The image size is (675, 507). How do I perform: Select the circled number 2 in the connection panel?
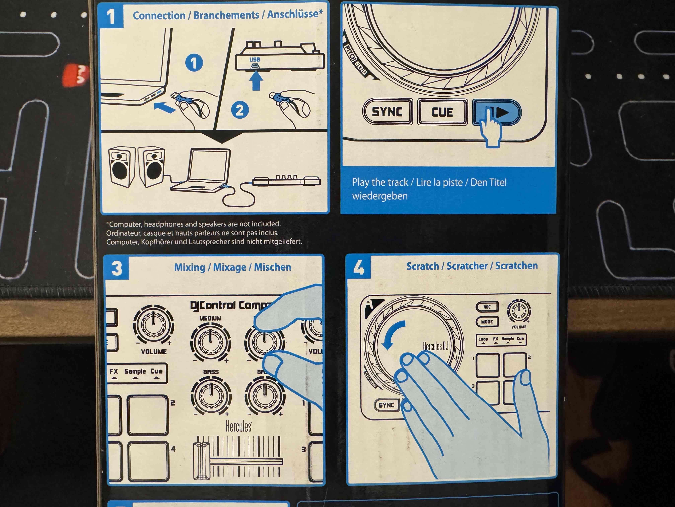pos(240,110)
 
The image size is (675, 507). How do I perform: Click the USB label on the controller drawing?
pos(255,59)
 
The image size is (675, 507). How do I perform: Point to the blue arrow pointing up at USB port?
pos(256,80)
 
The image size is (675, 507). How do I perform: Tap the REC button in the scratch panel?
pos(487,307)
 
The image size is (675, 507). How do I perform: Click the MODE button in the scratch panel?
pos(487,322)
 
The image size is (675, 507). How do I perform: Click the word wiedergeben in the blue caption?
pos(380,196)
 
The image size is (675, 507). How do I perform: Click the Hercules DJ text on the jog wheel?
pos(435,346)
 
